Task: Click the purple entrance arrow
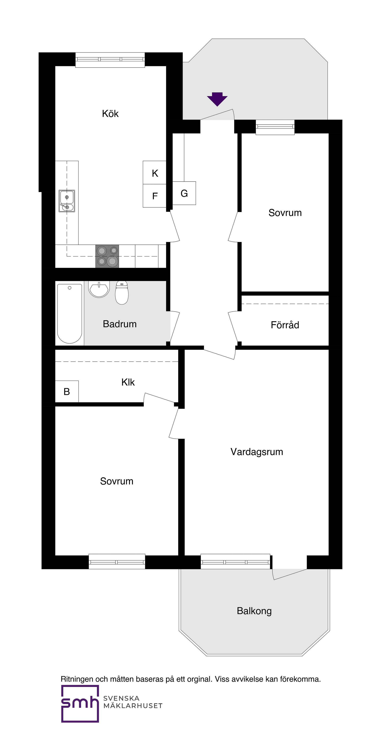(x=217, y=99)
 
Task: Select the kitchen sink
(x=67, y=201)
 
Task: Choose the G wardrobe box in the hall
(x=184, y=193)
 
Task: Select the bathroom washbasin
(x=99, y=289)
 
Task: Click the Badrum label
(x=120, y=324)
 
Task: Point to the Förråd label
(x=285, y=325)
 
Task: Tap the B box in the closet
(x=67, y=392)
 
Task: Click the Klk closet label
(x=128, y=382)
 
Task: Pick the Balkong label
(x=254, y=611)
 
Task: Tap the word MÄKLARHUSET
(x=133, y=706)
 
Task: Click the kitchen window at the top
(x=110, y=60)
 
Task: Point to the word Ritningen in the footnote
(x=77, y=679)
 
